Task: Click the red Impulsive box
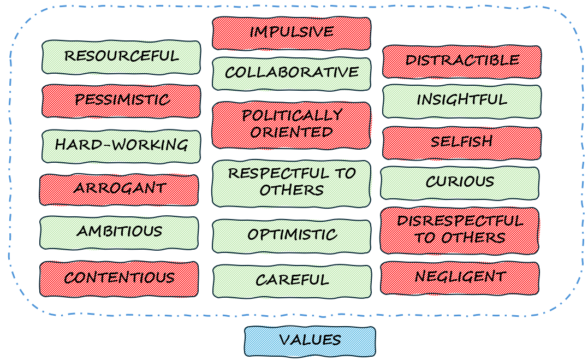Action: pos(292,33)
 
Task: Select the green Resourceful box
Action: pos(121,57)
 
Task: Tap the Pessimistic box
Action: pos(121,101)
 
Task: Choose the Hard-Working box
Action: pos(121,146)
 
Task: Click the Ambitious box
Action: pos(119,232)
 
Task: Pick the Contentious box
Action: pos(119,279)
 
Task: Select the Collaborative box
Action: pos(292,73)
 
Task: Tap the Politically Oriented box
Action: pos(292,125)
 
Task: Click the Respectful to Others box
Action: pos(292,183)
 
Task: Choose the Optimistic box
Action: pos(292,236)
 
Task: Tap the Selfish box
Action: pos(462,143)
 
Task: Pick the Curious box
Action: pos(460,183)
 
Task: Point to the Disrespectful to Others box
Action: pos(460,230)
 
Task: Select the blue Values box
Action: pos(310,341)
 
